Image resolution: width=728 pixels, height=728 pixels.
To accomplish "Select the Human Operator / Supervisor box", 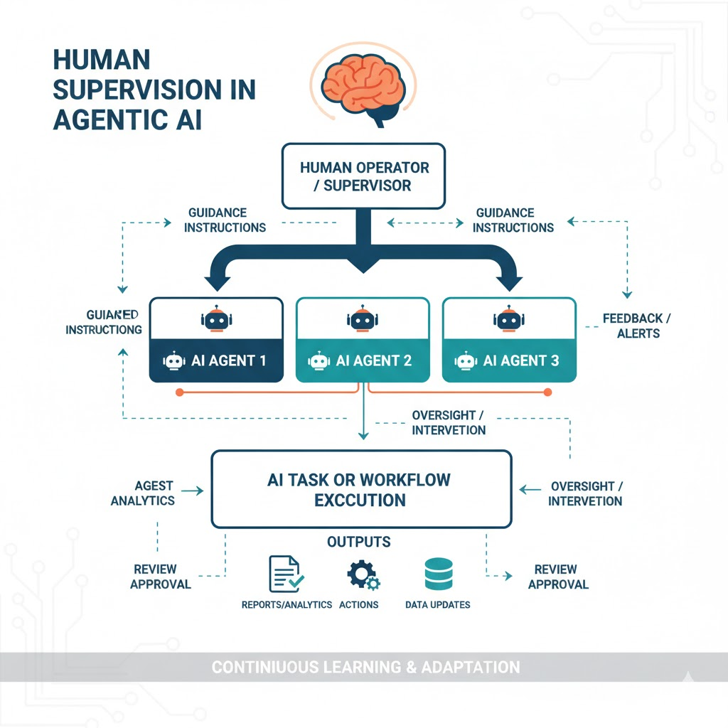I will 364,176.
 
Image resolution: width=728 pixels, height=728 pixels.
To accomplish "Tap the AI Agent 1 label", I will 228,360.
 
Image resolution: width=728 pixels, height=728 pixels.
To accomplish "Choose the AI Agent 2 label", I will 373,360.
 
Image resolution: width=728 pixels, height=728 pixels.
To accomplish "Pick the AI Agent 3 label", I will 520,360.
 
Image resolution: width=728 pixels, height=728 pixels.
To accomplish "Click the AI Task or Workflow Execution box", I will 361,489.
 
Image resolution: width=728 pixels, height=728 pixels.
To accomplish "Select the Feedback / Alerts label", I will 632,326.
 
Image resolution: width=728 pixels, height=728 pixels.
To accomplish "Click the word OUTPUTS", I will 358,542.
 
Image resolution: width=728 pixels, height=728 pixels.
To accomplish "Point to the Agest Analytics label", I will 142,493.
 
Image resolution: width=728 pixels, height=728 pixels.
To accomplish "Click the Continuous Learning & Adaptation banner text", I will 365,668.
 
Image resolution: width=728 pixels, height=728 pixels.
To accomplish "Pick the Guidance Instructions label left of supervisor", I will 217,220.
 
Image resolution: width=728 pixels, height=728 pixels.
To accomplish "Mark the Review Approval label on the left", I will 161,577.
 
